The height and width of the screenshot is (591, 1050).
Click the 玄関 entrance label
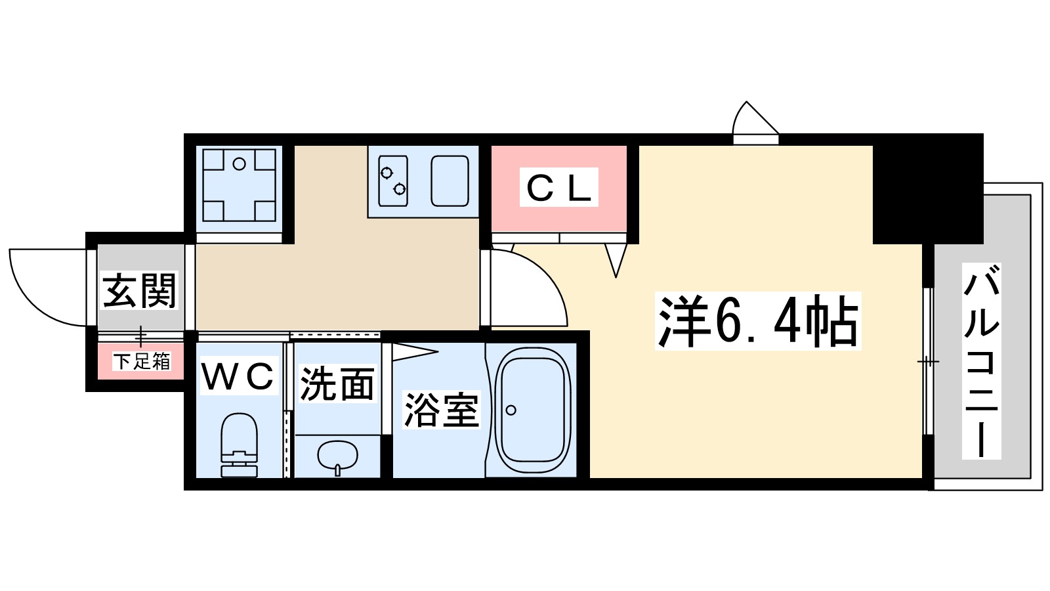tap(140, 290)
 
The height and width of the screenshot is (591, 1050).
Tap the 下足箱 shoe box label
tap(141, 361)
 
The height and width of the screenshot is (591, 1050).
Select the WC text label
tap(238, 376)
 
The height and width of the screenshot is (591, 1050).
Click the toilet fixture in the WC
tap(239, 443)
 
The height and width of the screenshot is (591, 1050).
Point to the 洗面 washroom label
tap(337, 384)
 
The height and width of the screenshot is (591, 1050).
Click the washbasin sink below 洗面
tap(337, 455)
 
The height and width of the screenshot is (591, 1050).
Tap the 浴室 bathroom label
tap(441, 410)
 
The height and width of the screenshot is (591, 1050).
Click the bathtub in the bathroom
tap(532, 410)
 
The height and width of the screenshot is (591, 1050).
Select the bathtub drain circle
tap(511, 410)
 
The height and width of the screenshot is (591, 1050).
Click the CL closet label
tap(559, 188)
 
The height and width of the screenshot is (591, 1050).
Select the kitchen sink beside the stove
tap(450, 181)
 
